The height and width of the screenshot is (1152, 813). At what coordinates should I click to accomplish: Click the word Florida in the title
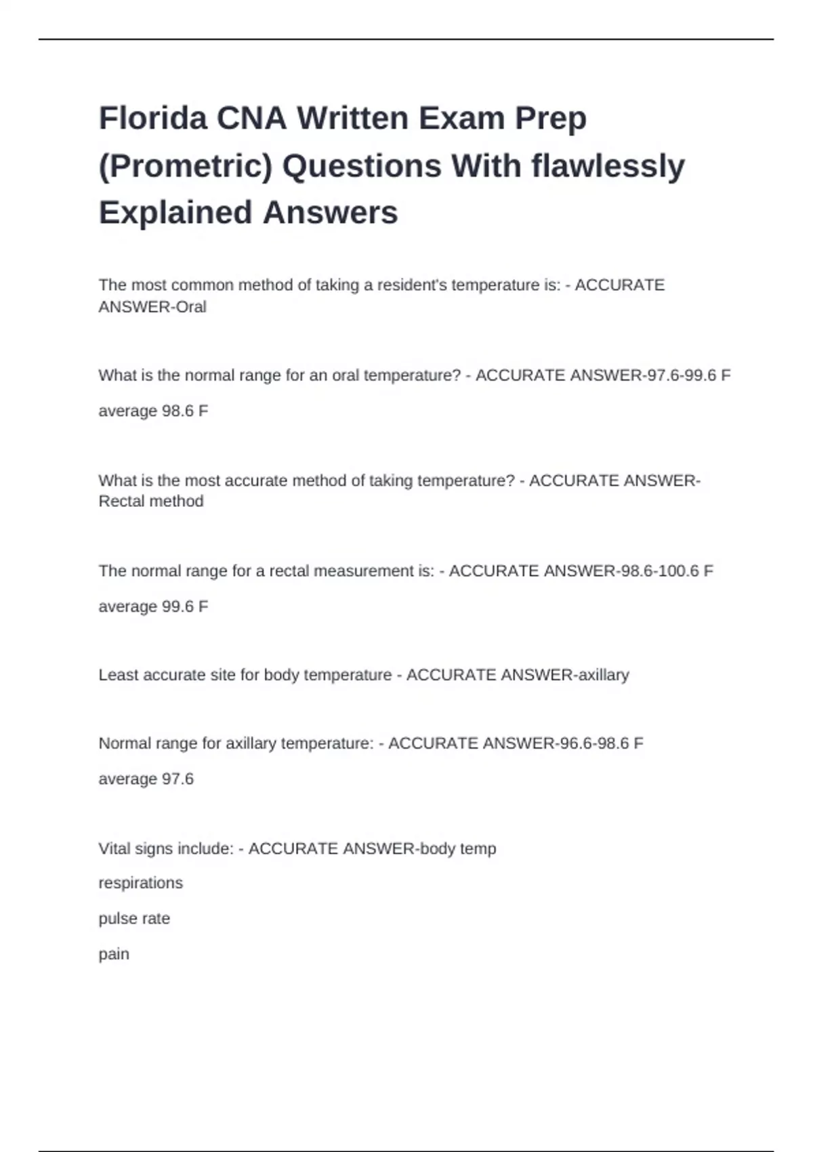tap(152, 119)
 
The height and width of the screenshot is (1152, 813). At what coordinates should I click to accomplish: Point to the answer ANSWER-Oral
tap(152, 307)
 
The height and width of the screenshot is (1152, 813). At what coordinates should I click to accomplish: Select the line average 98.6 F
tap(153, 411)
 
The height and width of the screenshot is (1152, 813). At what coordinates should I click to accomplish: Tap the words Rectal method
tap(151, 501)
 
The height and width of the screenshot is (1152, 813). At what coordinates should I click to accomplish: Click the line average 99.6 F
tap(153, 606)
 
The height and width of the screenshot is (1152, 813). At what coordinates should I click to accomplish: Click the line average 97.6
tap(146, 779)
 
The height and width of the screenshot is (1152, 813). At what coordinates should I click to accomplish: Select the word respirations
tap(140, 883)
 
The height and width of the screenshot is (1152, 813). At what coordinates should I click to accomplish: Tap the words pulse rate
tap(134, 919)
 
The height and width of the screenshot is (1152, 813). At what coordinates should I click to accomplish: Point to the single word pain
tap(114, 954)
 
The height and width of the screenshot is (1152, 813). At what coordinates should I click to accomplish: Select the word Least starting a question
tap(117, 675)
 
